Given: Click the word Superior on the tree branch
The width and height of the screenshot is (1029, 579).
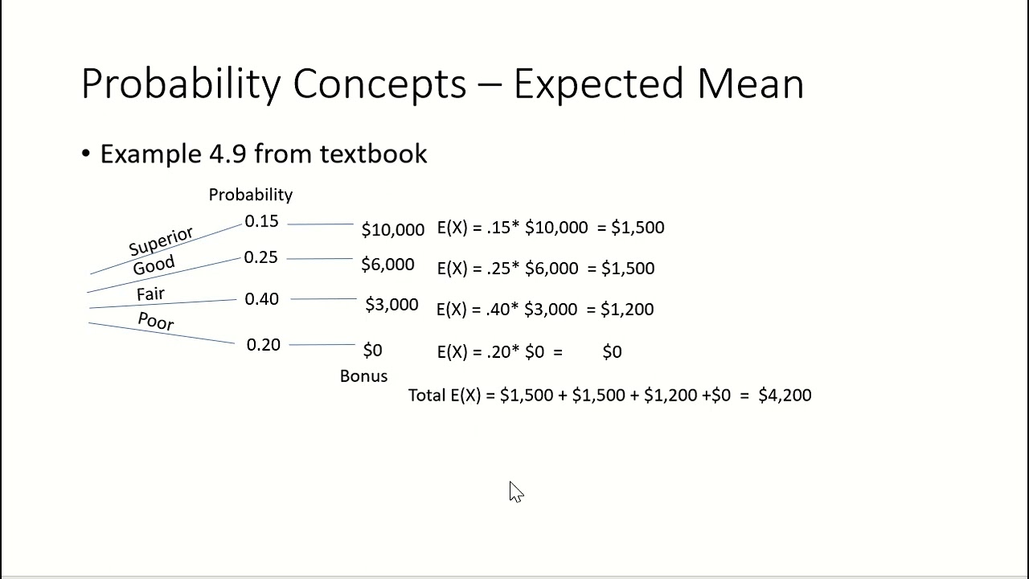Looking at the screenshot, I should (161, 240).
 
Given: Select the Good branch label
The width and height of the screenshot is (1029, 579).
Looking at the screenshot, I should (154, 266).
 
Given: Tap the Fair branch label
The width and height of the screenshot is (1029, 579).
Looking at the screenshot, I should (150, 294).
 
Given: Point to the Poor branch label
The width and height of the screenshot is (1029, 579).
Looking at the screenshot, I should (156, 321).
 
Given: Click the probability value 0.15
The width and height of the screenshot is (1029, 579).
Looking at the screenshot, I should (261, 221).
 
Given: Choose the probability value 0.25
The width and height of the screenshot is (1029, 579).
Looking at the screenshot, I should (260, 257).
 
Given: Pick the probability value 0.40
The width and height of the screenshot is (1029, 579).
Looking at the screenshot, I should (261, 299).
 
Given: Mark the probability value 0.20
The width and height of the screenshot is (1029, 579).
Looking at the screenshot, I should (263, 345).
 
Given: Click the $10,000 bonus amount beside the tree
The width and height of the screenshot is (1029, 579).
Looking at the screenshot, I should (392, 230).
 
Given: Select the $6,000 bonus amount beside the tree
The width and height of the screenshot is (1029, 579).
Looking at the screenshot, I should (387, 265).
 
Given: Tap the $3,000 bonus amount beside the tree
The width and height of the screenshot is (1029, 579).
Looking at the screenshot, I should (392, 305).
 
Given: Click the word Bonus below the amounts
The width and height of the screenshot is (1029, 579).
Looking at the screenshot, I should (363, 376).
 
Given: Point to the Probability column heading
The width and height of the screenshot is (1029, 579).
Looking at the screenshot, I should (250, 195).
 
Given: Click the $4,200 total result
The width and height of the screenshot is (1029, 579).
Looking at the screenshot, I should (785, 395).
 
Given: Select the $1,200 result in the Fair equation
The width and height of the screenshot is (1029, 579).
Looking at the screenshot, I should (627, 310).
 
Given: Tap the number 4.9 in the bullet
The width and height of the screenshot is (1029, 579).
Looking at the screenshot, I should (228, 154).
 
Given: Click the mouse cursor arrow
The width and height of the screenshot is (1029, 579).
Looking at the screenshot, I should (515, 491).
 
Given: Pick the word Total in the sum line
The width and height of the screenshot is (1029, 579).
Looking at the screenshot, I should (427, 395).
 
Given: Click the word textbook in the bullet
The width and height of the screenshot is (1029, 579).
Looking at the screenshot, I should (373, 154).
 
